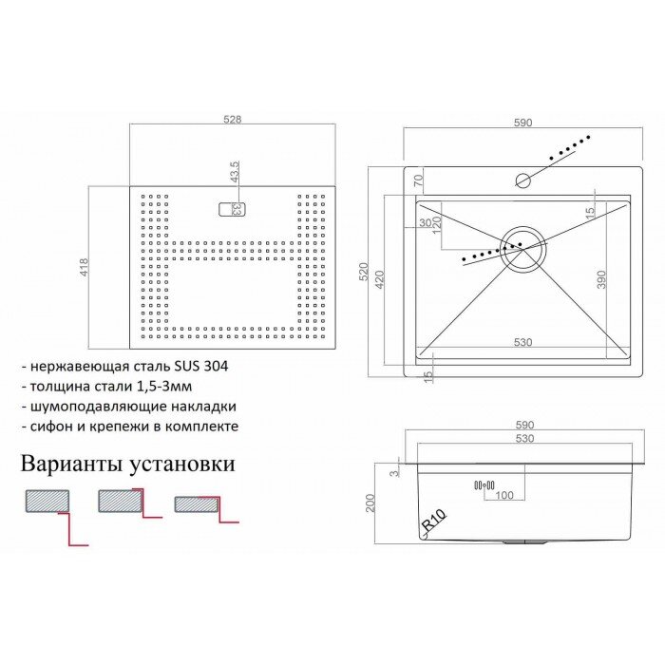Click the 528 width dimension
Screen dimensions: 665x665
[x=232, y=120]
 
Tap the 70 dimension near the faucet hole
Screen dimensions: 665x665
[x=417, y=180]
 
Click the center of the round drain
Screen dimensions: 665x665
[x=522, y=248]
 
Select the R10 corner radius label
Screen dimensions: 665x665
[x=434, y=522]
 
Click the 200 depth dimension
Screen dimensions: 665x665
[x=370, y=503]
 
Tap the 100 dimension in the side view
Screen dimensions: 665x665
[x=503, y=495]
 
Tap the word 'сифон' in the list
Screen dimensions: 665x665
[x=50, y=427]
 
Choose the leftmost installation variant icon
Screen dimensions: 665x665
[x=47, y=501]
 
